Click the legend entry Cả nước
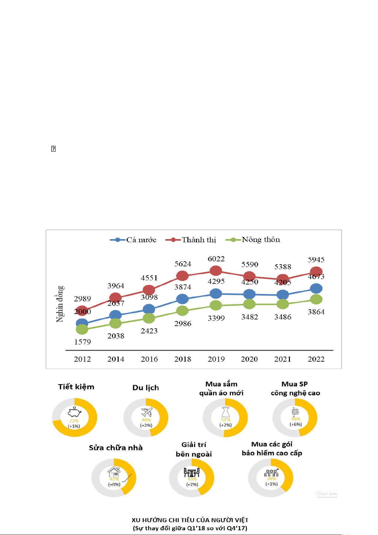133,240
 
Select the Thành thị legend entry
191,240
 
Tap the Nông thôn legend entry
253,240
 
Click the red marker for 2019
216,271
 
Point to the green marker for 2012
82,329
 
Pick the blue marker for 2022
316,289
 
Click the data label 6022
216,259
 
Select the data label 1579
82,342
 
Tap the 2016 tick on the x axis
149,359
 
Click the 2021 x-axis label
283,359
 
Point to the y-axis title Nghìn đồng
60,304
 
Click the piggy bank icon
75,412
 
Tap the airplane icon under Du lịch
147,412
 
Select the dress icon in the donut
225,412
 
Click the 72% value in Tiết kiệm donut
74,421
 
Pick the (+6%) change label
296,425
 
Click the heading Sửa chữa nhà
116,448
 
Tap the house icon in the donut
114,472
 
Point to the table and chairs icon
192,472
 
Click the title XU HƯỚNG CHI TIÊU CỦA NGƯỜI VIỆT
190,520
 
